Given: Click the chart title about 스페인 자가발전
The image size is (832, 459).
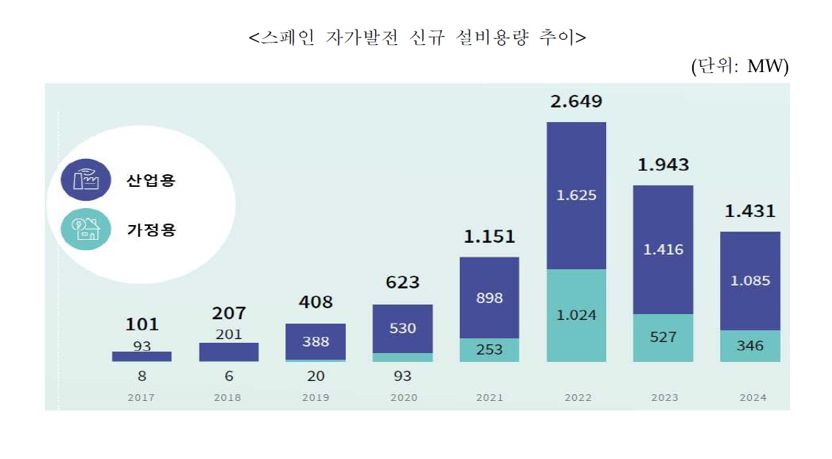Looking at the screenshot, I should pos(417,38).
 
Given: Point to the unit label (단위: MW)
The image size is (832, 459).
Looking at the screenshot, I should pos(739,66).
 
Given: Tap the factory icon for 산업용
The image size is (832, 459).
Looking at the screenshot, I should pos(86,180).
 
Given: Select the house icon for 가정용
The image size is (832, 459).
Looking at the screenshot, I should pos(86,229).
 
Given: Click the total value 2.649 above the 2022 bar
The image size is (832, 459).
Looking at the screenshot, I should pos(576,102).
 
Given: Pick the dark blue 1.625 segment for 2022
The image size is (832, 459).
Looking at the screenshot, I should pos(576,196).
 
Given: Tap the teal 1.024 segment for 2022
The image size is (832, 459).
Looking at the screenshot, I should pos(576,315).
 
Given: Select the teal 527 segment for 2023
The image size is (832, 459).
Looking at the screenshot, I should pos(663,337).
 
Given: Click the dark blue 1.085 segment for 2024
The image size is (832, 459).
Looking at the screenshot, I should pos(750,280).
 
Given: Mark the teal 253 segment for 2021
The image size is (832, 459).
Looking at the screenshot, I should pos(489,349).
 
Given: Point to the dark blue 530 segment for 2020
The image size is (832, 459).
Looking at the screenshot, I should pos(402,328).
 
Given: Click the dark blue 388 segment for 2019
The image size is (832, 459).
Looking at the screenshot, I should pos(316,341).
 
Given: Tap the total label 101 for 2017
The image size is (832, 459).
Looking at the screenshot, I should pos(142,324).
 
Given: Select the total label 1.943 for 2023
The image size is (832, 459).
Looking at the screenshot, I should pos(663,166).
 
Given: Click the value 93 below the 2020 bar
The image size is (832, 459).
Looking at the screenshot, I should pos(402,376).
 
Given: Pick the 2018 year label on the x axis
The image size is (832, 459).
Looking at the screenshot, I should pos(229,398).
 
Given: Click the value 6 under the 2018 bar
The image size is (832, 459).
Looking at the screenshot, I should pos(229,376).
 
